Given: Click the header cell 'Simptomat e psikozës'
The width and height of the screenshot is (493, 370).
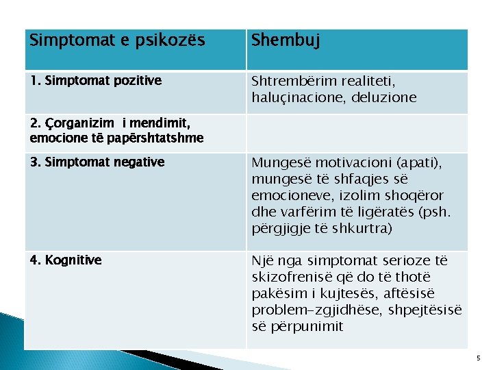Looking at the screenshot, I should pyautogui.click(x=117, y=40).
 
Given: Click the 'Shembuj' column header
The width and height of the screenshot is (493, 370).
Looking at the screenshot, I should pyautogui.click(x=284, y=40).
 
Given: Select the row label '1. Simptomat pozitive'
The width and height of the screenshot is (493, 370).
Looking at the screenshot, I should pyautogui.click(x=96, y=81).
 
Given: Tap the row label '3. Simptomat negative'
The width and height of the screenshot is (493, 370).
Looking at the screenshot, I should pyautogui.click(x=97, y=162).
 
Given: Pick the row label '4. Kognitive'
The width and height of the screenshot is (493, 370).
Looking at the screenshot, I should pyautogui.click(x=66, y=260).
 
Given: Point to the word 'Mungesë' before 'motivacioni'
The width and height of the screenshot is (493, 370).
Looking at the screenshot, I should pyautogui.click(x=278, y=162).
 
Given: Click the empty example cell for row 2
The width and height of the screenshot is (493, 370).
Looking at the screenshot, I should pyautogui.click(x=356, y=133).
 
